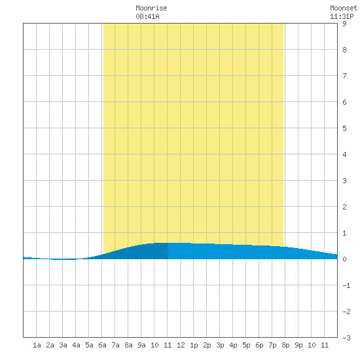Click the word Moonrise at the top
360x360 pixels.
click(151, 8)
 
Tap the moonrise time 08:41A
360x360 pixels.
click(147, 16)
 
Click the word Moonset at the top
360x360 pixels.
click(344, 8)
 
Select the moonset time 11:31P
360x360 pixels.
click(342, 16)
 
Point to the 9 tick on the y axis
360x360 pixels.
click(344, 24)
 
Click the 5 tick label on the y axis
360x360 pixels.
click(344, 128)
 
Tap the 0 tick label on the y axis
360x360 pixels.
click(344, 259)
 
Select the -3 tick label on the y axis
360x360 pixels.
click(346, 338)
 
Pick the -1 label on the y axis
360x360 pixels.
click(346, 285)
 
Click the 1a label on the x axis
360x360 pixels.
click(37, 345)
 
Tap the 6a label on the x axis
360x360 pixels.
click(102, 345)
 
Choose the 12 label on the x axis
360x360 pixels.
click(181, 345)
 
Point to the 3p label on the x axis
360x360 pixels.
click(220, 345)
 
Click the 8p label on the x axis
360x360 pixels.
click(285, 345)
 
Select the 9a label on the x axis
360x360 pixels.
click(141, 345)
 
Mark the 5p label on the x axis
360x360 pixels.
click(246, 345)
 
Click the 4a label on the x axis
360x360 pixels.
click(76, 345)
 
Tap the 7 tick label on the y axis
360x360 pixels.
click(344, 76)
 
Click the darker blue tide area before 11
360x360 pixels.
click(142, 251)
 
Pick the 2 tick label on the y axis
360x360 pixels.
click(344, 207)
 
